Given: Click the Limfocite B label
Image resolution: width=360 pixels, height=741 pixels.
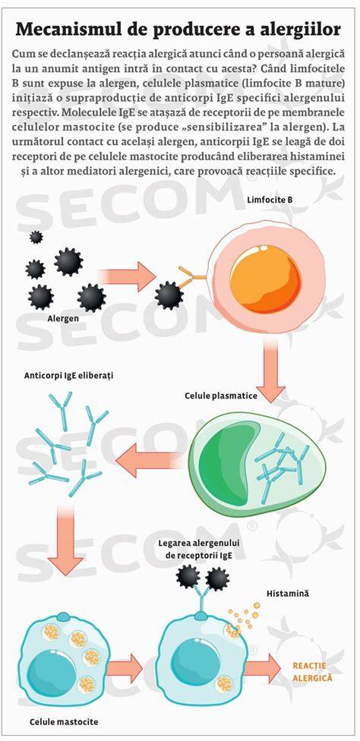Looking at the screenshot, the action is tap(270, 200).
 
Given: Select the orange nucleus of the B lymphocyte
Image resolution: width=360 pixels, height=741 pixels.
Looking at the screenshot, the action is tap(266, 279).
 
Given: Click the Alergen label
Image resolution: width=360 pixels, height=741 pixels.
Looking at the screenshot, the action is tap(63, 318).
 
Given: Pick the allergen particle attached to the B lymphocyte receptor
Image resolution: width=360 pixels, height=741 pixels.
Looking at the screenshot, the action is tap(169, 295).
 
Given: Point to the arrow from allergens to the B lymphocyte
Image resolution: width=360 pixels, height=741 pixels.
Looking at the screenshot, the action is tap(127, 276).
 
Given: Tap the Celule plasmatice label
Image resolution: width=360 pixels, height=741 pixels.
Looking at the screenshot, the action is tap(221, 396).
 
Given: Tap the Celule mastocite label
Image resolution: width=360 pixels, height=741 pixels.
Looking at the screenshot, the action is tap(64, 722).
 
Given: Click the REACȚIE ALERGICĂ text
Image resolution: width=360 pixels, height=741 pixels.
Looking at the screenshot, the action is tap(313, 672).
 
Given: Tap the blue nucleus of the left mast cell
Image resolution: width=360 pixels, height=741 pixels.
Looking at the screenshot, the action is tap(52, 673).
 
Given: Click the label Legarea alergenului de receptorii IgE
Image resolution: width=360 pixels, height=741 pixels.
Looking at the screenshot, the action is tap(199, 550).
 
